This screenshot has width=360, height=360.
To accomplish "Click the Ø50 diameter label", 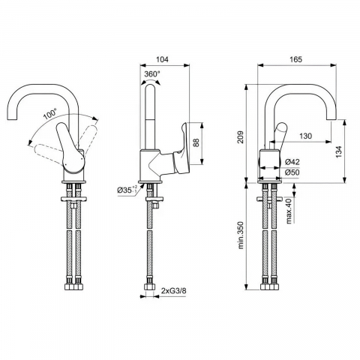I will click(x=293, y=172).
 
